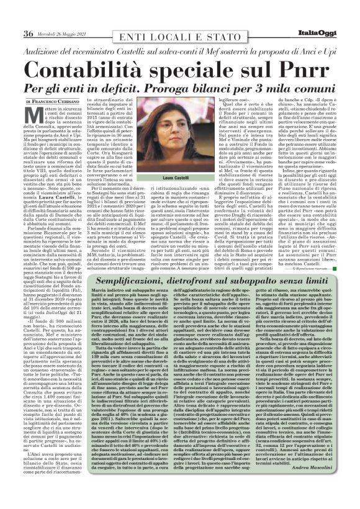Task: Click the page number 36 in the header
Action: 29,15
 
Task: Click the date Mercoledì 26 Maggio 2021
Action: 65,16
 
